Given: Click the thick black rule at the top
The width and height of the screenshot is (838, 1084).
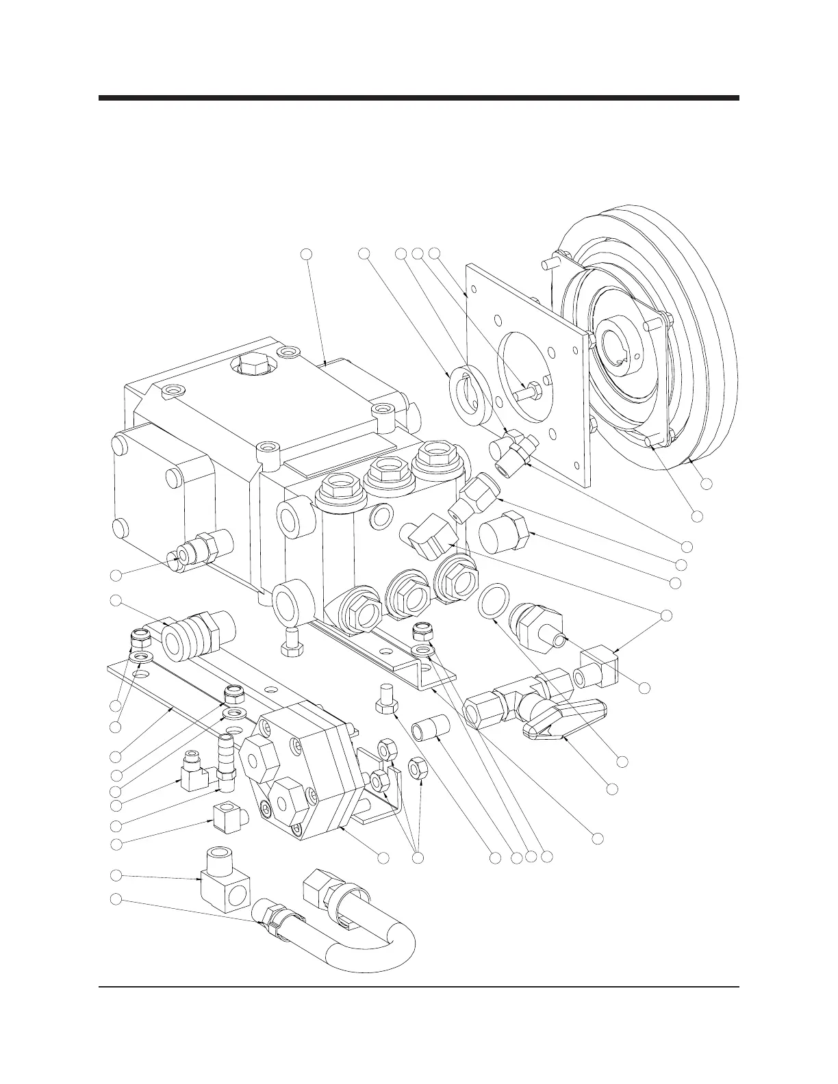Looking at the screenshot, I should tap(419, 98).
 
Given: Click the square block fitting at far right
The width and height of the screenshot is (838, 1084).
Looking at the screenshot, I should tap(598, 671).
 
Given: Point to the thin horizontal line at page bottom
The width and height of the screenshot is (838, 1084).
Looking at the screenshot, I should tap(419, 987).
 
